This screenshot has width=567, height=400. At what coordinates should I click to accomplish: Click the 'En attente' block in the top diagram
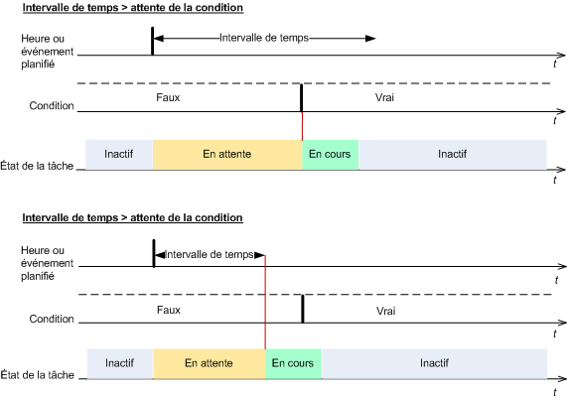pyautogui.click(x=227, y=154)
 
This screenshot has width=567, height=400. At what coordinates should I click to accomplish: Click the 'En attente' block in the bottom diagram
pyautogui.click(x=210, y=363)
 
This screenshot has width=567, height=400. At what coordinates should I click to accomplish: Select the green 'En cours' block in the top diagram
pyautogui.click(x=331, y=154)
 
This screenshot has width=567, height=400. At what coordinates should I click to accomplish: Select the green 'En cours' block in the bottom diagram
pyautogui.click(x=293, y=363)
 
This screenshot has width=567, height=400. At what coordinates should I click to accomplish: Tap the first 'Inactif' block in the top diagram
pyautogui.click(x=119, y=154)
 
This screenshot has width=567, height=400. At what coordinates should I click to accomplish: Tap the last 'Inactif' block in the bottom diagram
pyautogui.click(x=434, y=363)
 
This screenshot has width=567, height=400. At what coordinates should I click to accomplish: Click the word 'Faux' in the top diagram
pyautogui.click(x=168, y=97)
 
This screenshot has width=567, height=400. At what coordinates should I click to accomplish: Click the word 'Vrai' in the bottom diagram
pyautogui.click(x=386, y=311)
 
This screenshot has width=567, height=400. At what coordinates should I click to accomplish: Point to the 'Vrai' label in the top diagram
pyautogui.click(x=384, y=97)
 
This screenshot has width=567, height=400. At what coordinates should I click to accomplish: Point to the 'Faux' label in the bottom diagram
pyautogui.click(x=169, y=310)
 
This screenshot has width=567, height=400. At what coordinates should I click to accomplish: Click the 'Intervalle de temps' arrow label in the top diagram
pyautogui.click(x=264, y=38)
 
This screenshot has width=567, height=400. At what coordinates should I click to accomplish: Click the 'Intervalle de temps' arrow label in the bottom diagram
pyautogui.click(x=210, y=255)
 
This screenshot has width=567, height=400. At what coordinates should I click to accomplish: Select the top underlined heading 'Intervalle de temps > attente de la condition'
pyautogui.click(x=133, y=8)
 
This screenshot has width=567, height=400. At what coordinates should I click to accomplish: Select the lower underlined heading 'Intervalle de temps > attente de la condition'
pyautogui.click(x=133, y=218)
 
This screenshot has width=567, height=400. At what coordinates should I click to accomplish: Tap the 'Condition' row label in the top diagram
pyautogui.click(x=52, y=106)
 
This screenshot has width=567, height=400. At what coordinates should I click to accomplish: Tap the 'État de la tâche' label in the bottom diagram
pyautogui.click(x=38, y=375)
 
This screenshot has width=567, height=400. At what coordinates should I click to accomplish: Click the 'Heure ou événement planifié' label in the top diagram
pyautogui.click(x=47, y=52)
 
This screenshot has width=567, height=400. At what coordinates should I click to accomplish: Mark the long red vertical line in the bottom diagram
pyautogui.click(x=265, y=302)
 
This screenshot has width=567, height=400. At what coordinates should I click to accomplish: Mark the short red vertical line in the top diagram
pyautogui.click(x=302, y=126)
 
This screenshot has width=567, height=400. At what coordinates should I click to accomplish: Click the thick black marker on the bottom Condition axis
pyautogui.click(x=303, y=309)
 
